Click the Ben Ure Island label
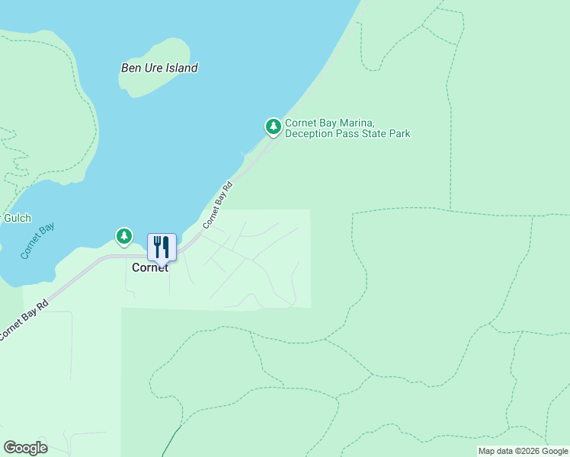point(159,68)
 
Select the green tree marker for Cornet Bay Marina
point(273,127)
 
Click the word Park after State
point(399,134)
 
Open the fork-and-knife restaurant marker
point(162,248)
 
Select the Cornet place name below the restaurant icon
point(150,267)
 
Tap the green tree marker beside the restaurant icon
point(124,237)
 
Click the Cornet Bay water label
point(37,241)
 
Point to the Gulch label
point(17,218)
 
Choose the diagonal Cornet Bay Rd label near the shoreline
point(216,206)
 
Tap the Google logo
point(25,448)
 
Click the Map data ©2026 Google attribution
point(523,451)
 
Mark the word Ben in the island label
point(130,68)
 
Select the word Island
point(183,68)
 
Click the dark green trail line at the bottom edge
point(169,446)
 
